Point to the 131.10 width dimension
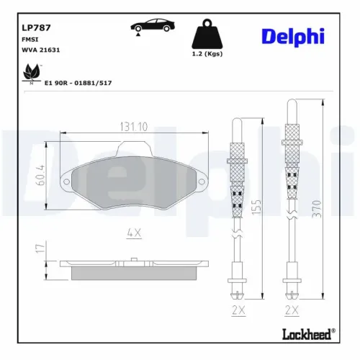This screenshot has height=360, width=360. [x=134, y=127]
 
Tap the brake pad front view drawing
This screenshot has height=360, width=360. [x=134, y=183]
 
